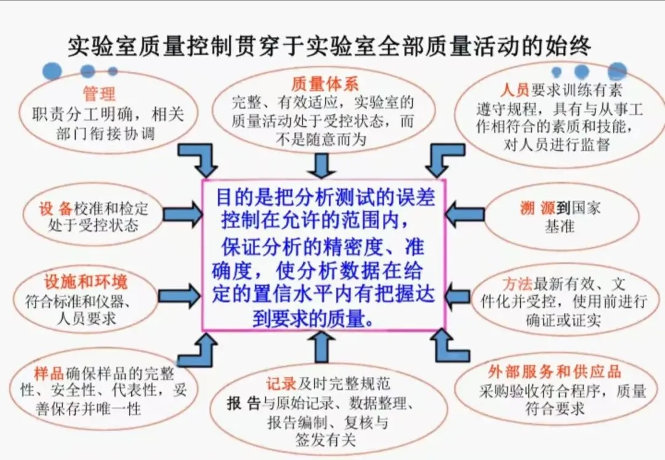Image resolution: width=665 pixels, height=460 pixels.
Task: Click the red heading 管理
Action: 99,94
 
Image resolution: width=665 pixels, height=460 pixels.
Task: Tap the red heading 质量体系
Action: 324,84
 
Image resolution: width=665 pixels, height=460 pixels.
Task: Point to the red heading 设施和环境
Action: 86,282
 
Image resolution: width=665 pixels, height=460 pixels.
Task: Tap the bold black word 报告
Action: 244,404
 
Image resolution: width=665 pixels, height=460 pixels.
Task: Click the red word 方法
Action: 517,284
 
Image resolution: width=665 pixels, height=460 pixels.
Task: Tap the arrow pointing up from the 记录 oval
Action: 321,347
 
